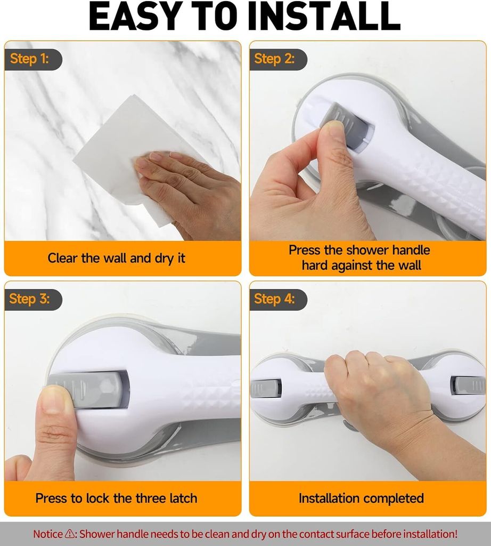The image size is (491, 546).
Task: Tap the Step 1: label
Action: pos(30,59)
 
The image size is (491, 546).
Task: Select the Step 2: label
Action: pos(274,59)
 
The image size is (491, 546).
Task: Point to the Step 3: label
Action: pos(30,299)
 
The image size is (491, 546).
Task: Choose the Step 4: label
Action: pos(274,299)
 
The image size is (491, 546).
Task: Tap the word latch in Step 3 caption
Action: pos(183,498)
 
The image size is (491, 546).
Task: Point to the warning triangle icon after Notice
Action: pos(70,533)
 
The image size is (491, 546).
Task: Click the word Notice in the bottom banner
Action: pos(48,534)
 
